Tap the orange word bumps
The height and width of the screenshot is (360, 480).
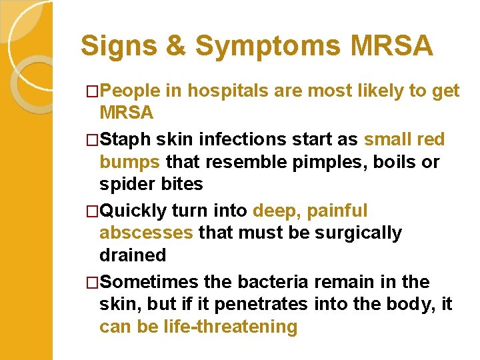coord(129,162)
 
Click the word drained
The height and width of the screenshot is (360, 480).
coord(132,255)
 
